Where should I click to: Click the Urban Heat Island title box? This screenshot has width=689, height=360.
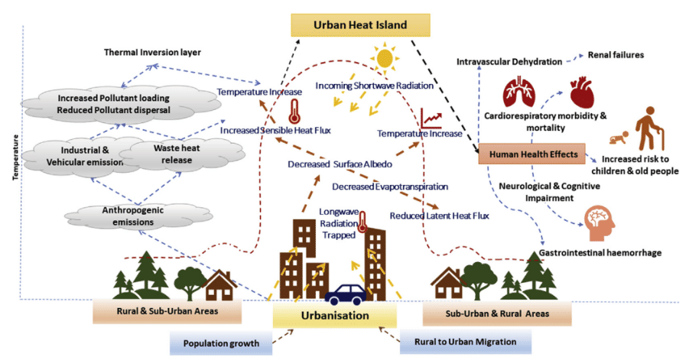point(360,25)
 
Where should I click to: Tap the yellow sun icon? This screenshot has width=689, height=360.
point(384,58)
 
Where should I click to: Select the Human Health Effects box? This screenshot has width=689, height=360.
point(531,154)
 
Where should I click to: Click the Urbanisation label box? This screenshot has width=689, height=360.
point(335,316)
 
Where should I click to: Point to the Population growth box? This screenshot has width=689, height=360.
point(221,343)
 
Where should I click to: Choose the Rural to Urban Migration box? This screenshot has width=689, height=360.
point(466,342)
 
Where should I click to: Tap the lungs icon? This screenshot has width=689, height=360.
point(519,92)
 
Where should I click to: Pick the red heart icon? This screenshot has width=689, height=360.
point(582,93)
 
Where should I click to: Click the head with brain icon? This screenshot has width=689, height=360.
point(600,224)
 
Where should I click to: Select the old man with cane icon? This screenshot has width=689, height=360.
point(650,128)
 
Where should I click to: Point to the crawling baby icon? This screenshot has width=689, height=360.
point(619,138)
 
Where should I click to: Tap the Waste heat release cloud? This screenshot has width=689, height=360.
point(181,154)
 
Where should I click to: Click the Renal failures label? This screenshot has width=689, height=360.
point(616,55)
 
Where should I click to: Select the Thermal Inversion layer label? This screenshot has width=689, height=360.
point(152,52)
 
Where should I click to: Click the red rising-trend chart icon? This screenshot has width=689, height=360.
point(431,118)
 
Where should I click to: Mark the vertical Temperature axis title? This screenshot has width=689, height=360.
point(16,157)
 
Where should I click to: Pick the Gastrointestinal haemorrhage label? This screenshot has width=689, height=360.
point(600,253)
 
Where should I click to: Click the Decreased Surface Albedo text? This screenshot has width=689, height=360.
point(340,164)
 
